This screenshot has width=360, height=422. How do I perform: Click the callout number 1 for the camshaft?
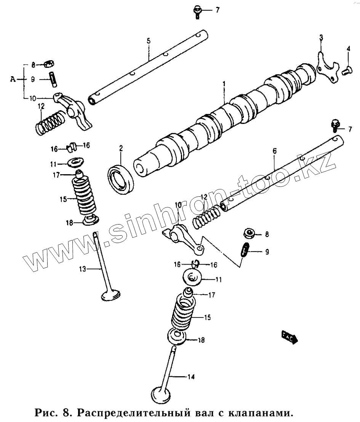tap(224, 83)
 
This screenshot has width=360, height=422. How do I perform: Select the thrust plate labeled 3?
tap(327, 67)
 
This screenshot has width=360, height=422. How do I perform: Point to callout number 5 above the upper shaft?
tap(149, 40)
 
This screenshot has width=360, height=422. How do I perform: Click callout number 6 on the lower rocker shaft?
tap(274, 152)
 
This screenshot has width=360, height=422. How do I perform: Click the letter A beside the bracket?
tap(13, 79)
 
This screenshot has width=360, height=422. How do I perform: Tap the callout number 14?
tap(191, 377)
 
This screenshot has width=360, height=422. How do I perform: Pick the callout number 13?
tap(83, 269)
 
